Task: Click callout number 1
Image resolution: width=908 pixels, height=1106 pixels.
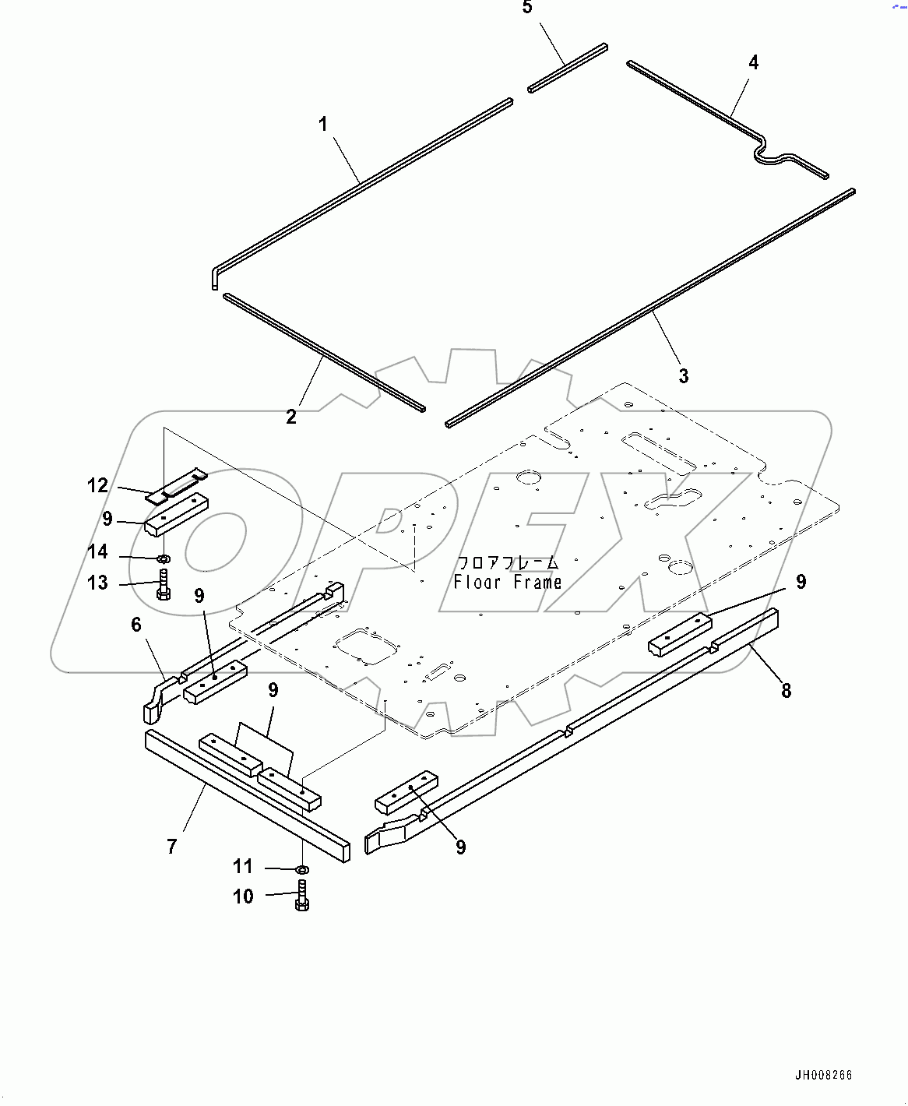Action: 323,124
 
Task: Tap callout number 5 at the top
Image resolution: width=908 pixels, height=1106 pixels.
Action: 527,8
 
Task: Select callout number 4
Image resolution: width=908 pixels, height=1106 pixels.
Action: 753,62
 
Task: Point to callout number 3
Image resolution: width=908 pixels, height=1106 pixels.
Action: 684,376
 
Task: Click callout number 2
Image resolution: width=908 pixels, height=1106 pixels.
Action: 291,417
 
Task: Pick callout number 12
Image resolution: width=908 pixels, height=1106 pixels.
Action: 97,486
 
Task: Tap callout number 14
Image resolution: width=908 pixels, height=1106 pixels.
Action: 97,552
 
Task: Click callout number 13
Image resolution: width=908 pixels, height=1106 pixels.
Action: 97,583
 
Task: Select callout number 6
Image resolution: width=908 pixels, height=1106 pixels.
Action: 136,625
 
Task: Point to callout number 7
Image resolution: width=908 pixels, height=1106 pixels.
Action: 172,846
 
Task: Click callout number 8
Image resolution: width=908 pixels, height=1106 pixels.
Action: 787,690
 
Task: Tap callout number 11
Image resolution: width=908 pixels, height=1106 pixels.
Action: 243,866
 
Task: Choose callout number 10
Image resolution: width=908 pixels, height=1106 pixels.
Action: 243,896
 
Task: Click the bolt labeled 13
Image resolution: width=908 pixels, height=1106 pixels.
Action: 164,585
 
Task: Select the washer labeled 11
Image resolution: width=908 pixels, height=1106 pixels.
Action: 303,868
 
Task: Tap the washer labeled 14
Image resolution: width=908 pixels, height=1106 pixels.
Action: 164,558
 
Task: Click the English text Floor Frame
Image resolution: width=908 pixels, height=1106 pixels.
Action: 508,583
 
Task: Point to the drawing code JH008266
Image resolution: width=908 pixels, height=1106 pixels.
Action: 823,1076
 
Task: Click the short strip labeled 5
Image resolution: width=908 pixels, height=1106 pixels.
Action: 567,69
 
